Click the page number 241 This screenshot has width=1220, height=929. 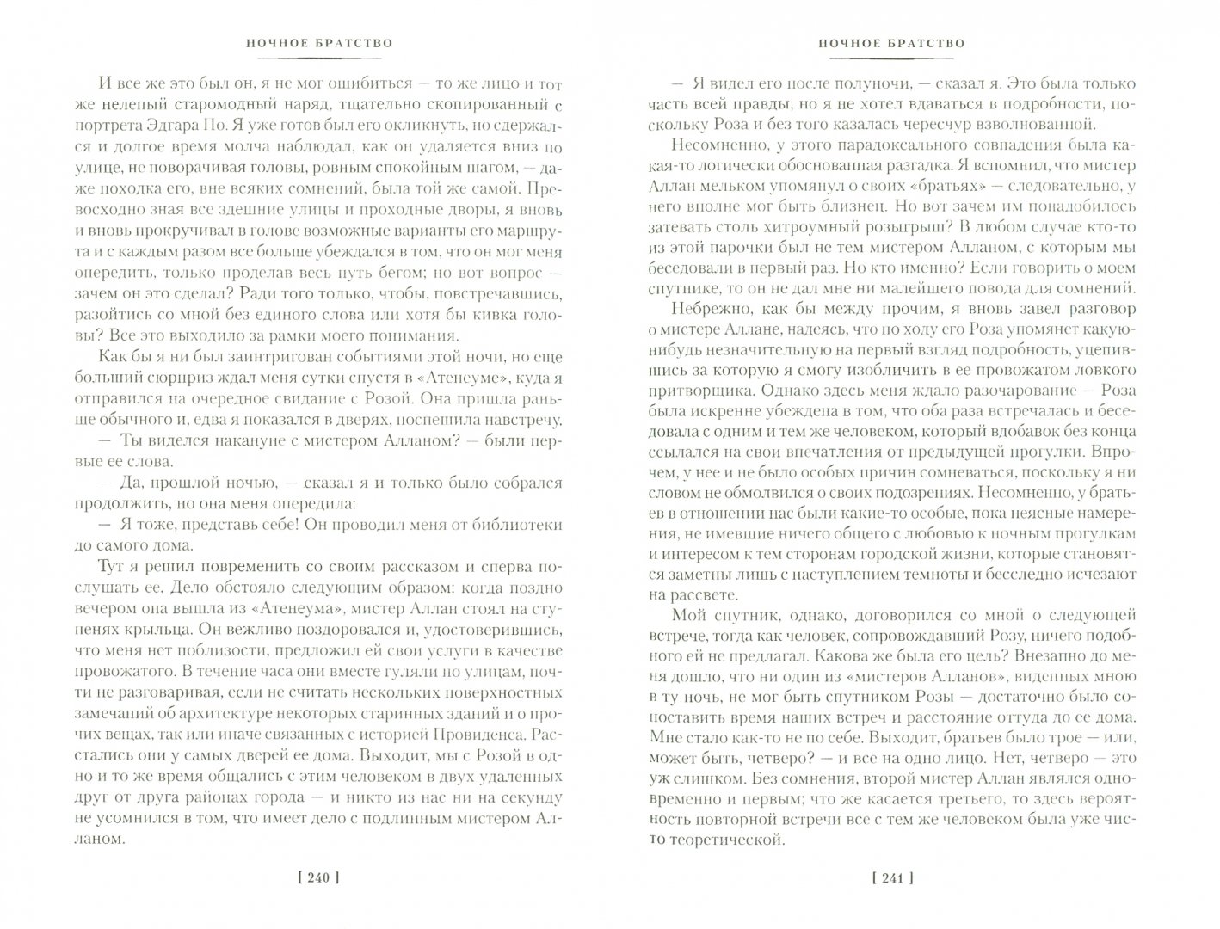click(x=890, y=878)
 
